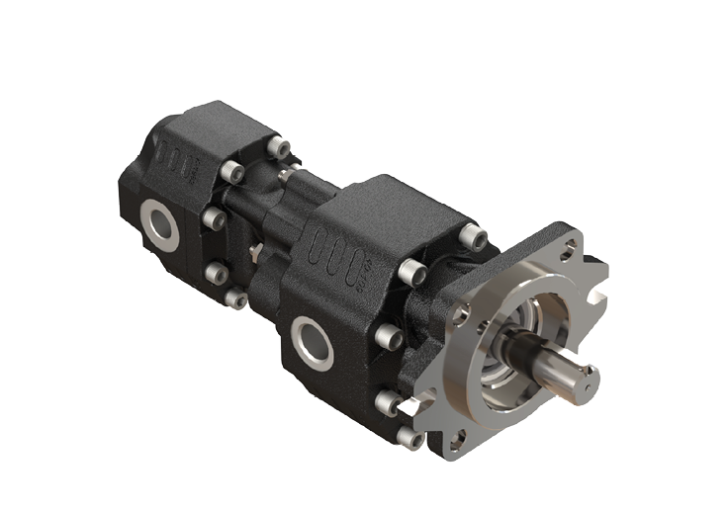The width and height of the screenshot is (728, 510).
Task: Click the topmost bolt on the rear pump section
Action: click(x=283, y=149)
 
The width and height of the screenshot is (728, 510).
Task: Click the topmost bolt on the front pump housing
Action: click(x=476, y=236)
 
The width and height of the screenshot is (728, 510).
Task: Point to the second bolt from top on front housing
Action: click(x=409, y=269)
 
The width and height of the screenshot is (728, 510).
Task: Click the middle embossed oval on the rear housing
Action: click(x=179, y=158)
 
